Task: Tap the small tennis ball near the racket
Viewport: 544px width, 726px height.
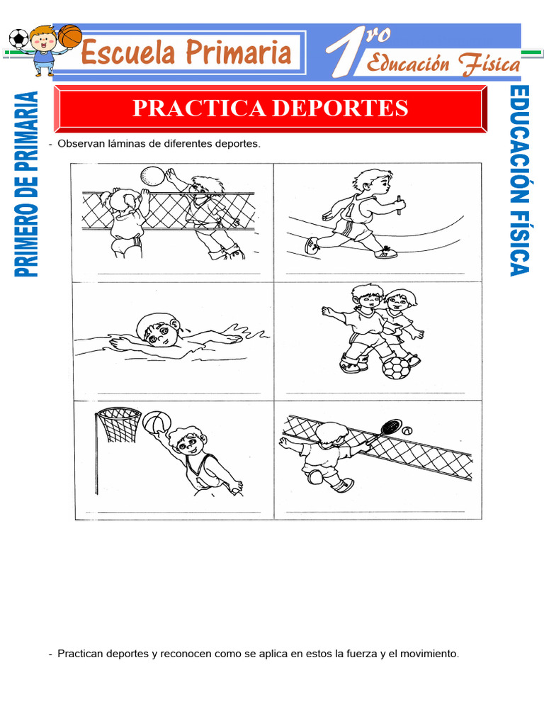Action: [407, 430]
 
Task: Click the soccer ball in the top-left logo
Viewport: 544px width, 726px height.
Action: [18, 38]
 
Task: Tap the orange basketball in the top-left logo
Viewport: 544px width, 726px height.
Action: [69, 37]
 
